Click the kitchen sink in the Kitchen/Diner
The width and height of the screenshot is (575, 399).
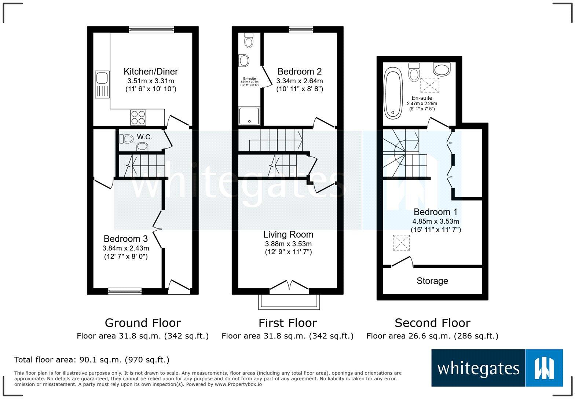[x=102, y=84]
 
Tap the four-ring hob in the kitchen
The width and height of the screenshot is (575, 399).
[x=138, y=117]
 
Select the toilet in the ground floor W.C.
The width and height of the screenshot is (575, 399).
[x=127, y=139]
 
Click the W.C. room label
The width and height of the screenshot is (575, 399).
[x=144, y=137]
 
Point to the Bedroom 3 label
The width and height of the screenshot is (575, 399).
[x=125, y=239]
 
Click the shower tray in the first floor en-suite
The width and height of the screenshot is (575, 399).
[x=249, y=116]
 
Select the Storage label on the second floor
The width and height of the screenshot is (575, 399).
[x=432, y=281]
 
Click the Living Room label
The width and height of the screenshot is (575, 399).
[x=288, y=234]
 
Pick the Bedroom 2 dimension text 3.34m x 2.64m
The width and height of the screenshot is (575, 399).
[x=300, y=81]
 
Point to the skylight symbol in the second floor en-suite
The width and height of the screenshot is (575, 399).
[x=429, y=85]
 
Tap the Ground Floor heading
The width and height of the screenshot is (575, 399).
[x=143, y=323]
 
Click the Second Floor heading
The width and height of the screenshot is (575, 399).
[x=432, y=323]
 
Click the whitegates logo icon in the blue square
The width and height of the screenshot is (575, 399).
[x=544, y=368]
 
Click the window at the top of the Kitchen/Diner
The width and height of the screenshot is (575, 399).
[x=151, y=29]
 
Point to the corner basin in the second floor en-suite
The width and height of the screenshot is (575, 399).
[x=442, y=69]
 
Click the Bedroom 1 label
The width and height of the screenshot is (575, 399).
[x=436, y=212]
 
